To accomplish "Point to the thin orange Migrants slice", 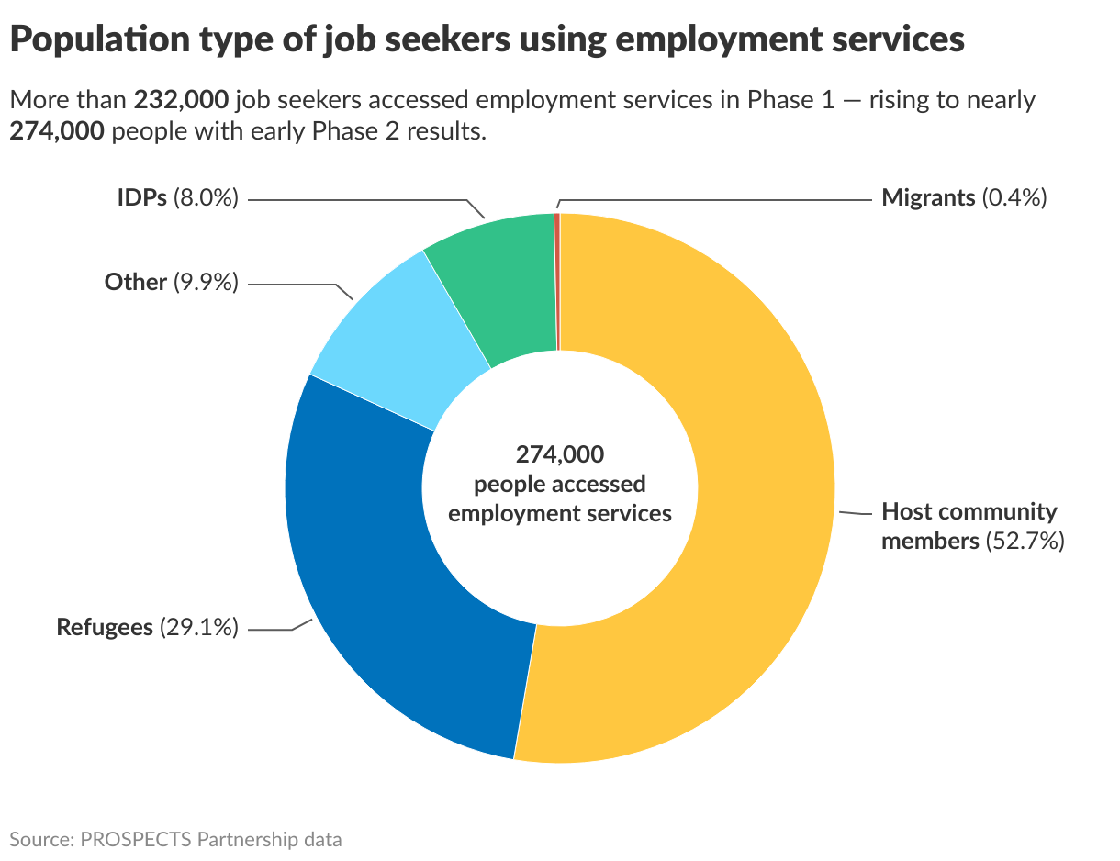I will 557,275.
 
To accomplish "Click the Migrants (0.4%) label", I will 963,197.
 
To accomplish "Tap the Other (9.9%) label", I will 171,282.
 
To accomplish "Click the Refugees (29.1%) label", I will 147,628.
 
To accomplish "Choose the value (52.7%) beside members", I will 1025,541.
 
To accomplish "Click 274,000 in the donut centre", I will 559,453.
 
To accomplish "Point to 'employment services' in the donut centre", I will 559,512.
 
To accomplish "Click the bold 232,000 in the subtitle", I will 180,100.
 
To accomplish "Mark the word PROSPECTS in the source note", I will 136,839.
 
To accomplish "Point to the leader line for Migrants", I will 716,198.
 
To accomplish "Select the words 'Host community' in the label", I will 969,511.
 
